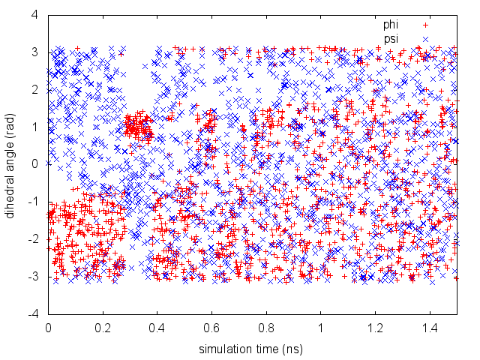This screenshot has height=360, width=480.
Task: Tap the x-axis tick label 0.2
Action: [x=103, y=328]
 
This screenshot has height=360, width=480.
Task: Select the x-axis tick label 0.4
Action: [x=157, y=328]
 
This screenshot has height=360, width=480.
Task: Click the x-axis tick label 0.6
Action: [x=212, y=328]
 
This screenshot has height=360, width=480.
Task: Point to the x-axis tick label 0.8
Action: [x=266, y=328]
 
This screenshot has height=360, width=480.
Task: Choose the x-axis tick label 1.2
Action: [x=376, y=328]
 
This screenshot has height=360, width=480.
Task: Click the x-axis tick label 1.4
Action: [x=430, y=328]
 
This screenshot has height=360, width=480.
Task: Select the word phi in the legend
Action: [x=391, y=25]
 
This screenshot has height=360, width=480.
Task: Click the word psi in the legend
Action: [x=391, y=38]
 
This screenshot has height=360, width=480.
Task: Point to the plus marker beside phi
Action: [x=425, y=25]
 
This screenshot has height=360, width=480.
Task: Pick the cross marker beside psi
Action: [x=425, y=38]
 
